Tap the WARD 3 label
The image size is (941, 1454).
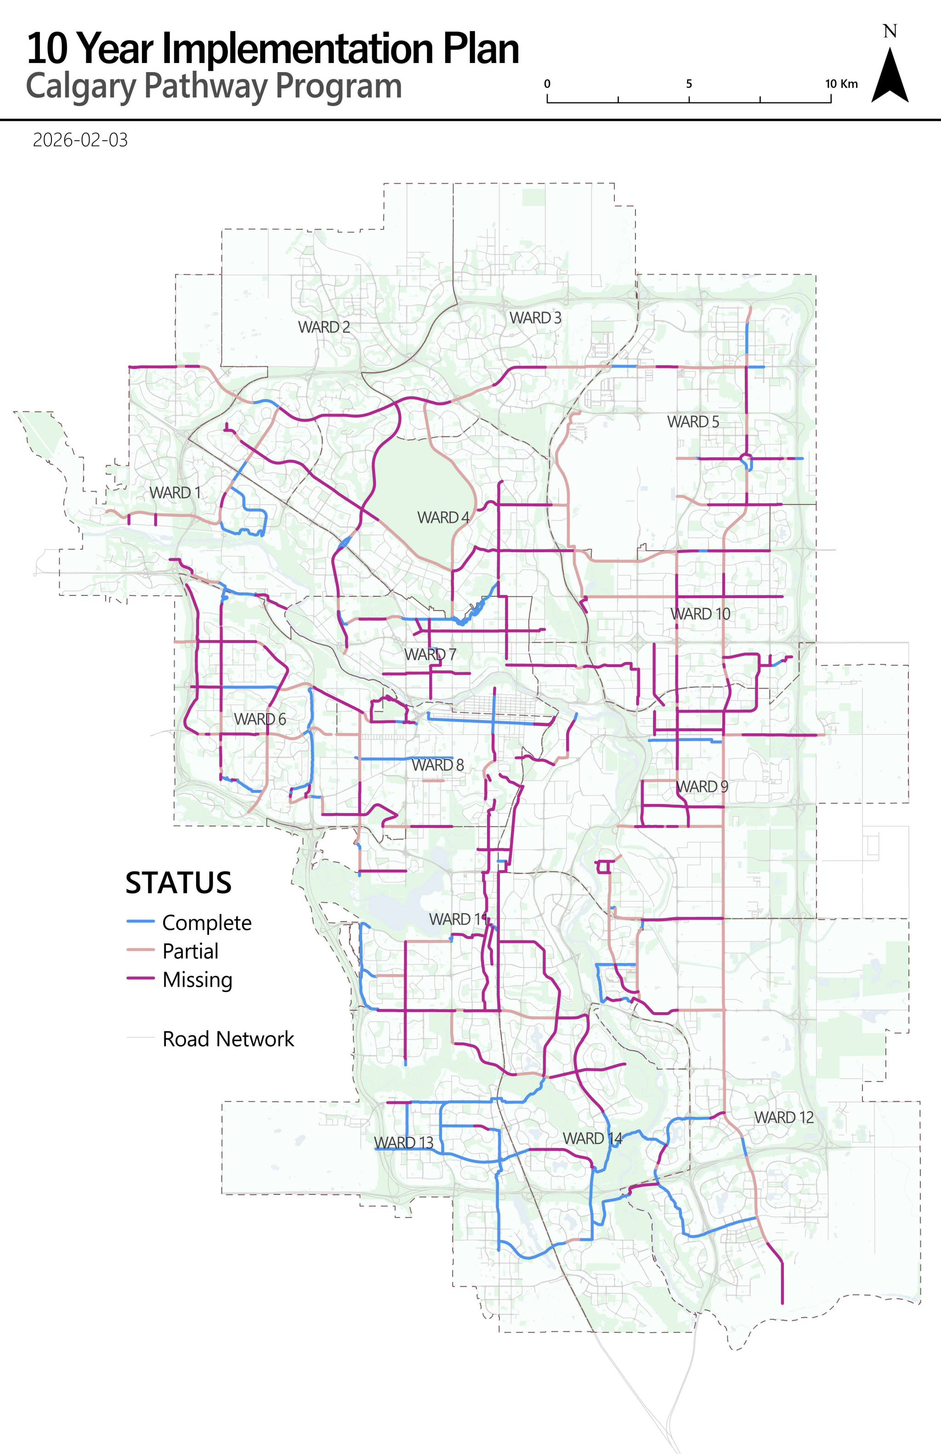pos(535,318)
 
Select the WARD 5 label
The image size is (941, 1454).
pos(693,422)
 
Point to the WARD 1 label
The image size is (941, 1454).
pos(175,492)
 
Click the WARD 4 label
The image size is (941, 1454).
pos(443,517)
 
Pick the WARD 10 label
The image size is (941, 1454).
pos(700,613)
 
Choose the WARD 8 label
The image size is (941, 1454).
pos(437,765)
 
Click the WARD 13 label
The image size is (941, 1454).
pos(404,1143)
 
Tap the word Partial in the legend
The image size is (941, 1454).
pos(190,951)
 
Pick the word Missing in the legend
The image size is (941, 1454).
pos(198,980)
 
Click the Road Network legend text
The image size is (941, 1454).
pos(228,1039)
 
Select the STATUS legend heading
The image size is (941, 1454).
pos(178,883)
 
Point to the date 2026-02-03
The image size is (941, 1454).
pos(80,140)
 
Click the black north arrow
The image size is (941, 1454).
pos(890,76)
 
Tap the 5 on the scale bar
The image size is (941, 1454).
pos(689,84)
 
